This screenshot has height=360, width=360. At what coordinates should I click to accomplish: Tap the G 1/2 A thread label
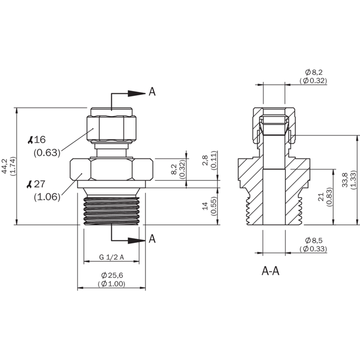click(x=111, y=257)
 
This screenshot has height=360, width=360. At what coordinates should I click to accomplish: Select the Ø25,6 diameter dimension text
click(x=112, y=275)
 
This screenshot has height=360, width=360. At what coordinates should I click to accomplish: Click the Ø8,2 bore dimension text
click(x=314, y=72)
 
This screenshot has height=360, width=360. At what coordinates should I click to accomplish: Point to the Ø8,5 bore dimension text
click(x=314, y=240)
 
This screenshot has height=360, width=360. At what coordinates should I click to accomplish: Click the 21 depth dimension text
click(x=321, y=197)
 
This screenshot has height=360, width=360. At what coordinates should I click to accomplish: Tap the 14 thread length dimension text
click(x=205, y=206)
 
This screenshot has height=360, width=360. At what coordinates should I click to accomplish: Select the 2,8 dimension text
click(x=205, y=160)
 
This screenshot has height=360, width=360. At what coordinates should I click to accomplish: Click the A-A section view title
click(x=270, y=271)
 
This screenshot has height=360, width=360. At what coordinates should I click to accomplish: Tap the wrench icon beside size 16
click(x=30, y=140)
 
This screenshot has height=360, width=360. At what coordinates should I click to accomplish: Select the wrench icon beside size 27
click(x=29, y=184)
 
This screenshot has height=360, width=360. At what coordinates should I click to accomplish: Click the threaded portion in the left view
click(x=112, y=210)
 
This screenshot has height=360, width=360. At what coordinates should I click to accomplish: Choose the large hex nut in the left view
click(x=112, y=169)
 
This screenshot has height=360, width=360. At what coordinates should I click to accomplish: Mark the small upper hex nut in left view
click(x=112, y=128)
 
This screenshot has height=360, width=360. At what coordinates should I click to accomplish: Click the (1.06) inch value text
click(x=47, y=197)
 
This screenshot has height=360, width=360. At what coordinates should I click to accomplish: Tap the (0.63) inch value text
click(x=47, y=153)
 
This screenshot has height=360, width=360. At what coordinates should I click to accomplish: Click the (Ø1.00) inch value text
click(x=112, y=284)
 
